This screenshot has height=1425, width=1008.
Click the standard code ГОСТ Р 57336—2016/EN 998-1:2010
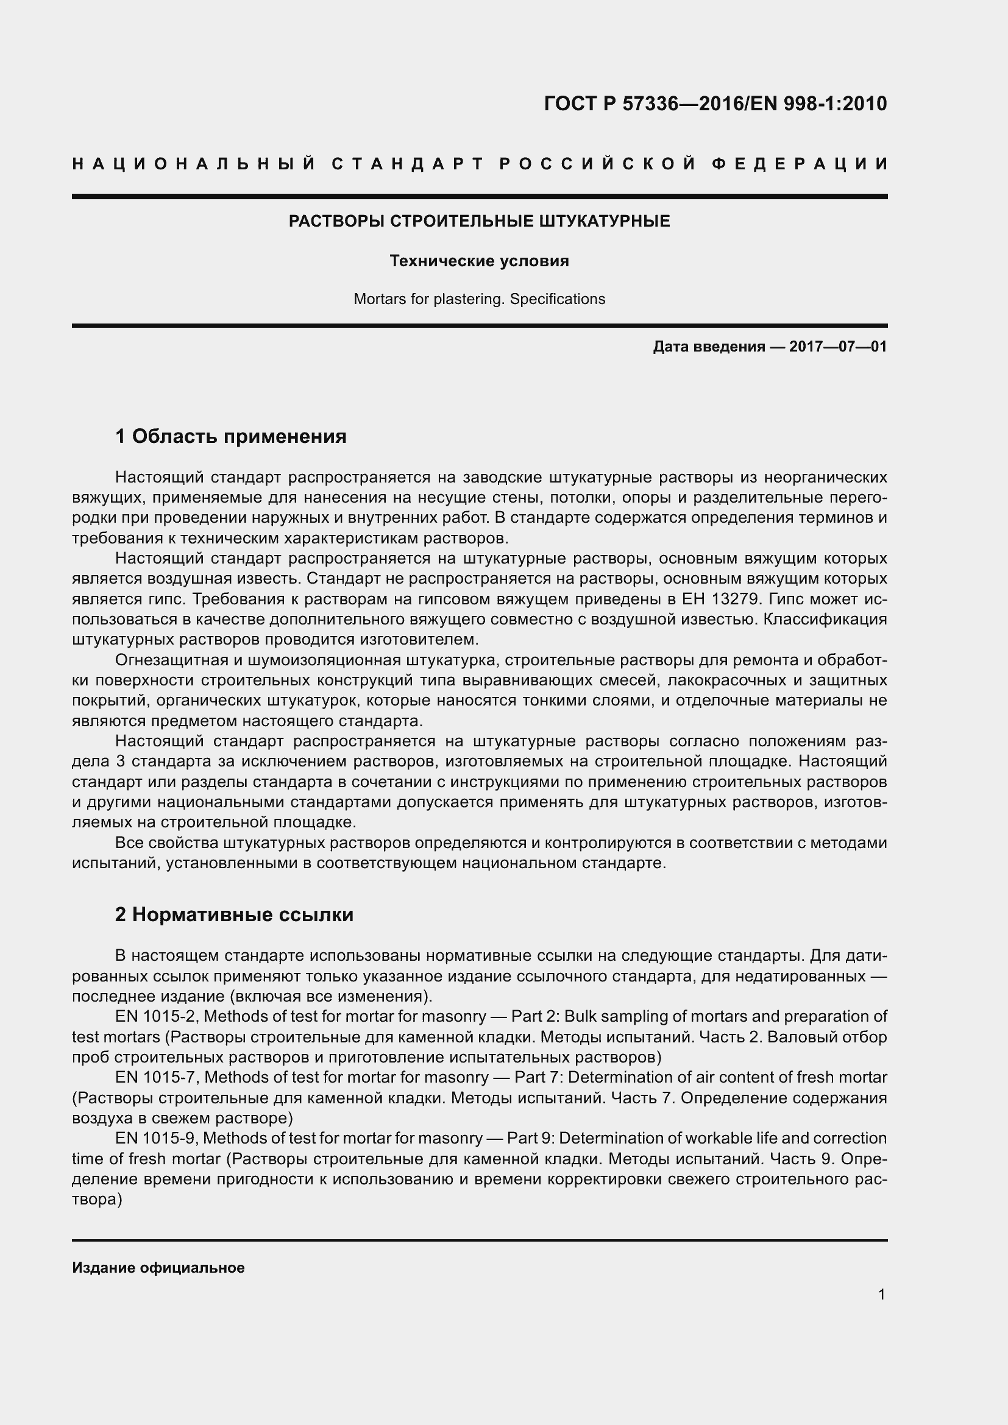(715, 104)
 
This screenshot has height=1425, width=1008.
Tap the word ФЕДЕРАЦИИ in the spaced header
(800, 164)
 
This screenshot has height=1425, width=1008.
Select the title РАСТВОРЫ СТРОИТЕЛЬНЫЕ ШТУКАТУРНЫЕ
(479, 222)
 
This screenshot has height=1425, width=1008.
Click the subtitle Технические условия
(479, 261)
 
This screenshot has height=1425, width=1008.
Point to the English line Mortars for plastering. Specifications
(479, 299)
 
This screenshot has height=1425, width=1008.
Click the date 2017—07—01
(838, 346)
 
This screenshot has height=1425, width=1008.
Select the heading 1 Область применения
(231, 437)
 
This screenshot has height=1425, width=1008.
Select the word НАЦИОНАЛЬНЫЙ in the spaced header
(194, 164)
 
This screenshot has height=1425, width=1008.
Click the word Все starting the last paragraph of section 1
(129, 843)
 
